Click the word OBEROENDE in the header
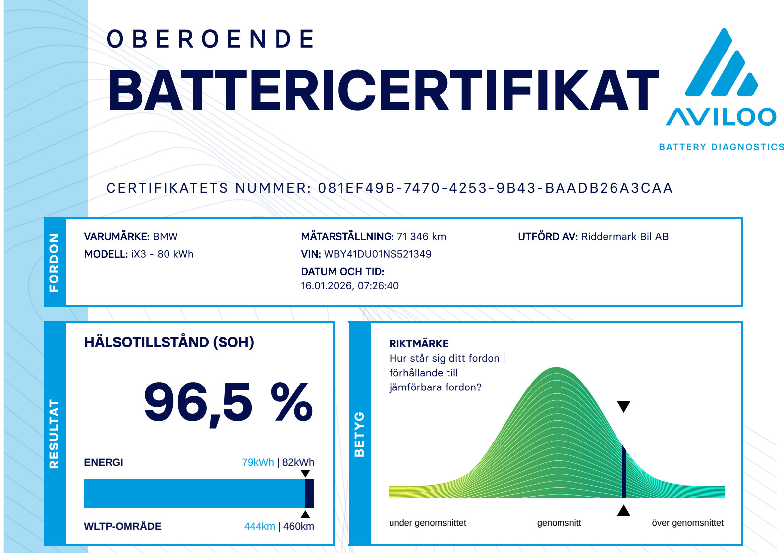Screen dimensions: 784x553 [x=210, y=39]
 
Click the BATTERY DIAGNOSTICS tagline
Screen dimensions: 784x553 [x=721, y=147]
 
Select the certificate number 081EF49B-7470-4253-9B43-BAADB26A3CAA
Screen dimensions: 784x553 [x=495, y=188]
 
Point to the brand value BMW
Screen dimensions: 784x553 [x=165, y=237]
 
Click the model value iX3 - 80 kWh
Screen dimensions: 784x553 [x=162, y=254]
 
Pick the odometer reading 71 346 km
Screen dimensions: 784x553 [x=421, y=237]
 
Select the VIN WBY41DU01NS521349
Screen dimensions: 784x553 [x=378, y=254]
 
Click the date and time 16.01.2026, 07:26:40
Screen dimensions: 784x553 [x=350, y=286]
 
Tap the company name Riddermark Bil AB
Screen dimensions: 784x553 [x=625, y=237]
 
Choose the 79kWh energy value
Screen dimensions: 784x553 [x=258, y=462]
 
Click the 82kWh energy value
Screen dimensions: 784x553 [x=298, y=462]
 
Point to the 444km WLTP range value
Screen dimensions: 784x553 [x=259, y=526]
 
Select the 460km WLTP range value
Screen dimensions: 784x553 [x=298, y=526]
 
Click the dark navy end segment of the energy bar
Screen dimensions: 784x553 [x=310, y=494]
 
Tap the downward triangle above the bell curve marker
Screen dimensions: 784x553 [x=624, y=407]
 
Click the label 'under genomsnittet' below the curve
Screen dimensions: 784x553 [x=428, y=523]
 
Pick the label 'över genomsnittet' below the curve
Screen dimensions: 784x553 [x=687, y=523]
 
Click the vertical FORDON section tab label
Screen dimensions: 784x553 [x=54, y=263]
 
